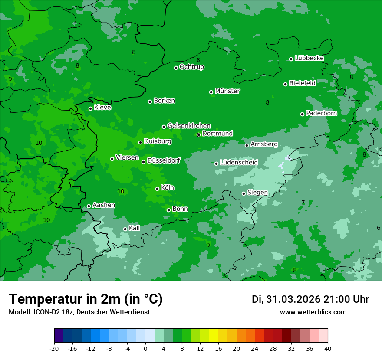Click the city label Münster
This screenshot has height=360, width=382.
coord(227,91)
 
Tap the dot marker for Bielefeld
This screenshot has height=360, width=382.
coord(286,84)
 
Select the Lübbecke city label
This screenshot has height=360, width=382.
coord(309,58)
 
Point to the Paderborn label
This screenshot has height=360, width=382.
coord(321,113)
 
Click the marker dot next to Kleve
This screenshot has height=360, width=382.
coord(90,108)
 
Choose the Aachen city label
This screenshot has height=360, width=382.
coord(104,205)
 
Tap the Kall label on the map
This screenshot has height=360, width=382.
coord(135,228)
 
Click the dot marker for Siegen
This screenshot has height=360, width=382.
coord(244,193)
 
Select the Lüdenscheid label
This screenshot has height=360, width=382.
coord(239,163)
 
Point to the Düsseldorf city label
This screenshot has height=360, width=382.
coord(164,161)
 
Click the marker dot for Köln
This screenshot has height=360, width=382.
coord(157,189)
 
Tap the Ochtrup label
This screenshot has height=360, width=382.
coord(191,67)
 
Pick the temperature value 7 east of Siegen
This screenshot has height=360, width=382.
coord(303,203)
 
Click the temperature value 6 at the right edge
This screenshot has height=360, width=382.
coord(379,228)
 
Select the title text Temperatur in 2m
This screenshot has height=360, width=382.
coord(86,299)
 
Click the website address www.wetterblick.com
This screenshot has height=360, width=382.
coord(313,312)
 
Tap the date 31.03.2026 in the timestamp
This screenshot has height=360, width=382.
coord(293,299)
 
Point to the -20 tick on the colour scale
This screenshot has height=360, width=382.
coord(54,348)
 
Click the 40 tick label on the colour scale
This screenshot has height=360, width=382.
coord(327,348)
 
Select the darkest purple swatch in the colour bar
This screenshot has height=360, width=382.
coord(59,335)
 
